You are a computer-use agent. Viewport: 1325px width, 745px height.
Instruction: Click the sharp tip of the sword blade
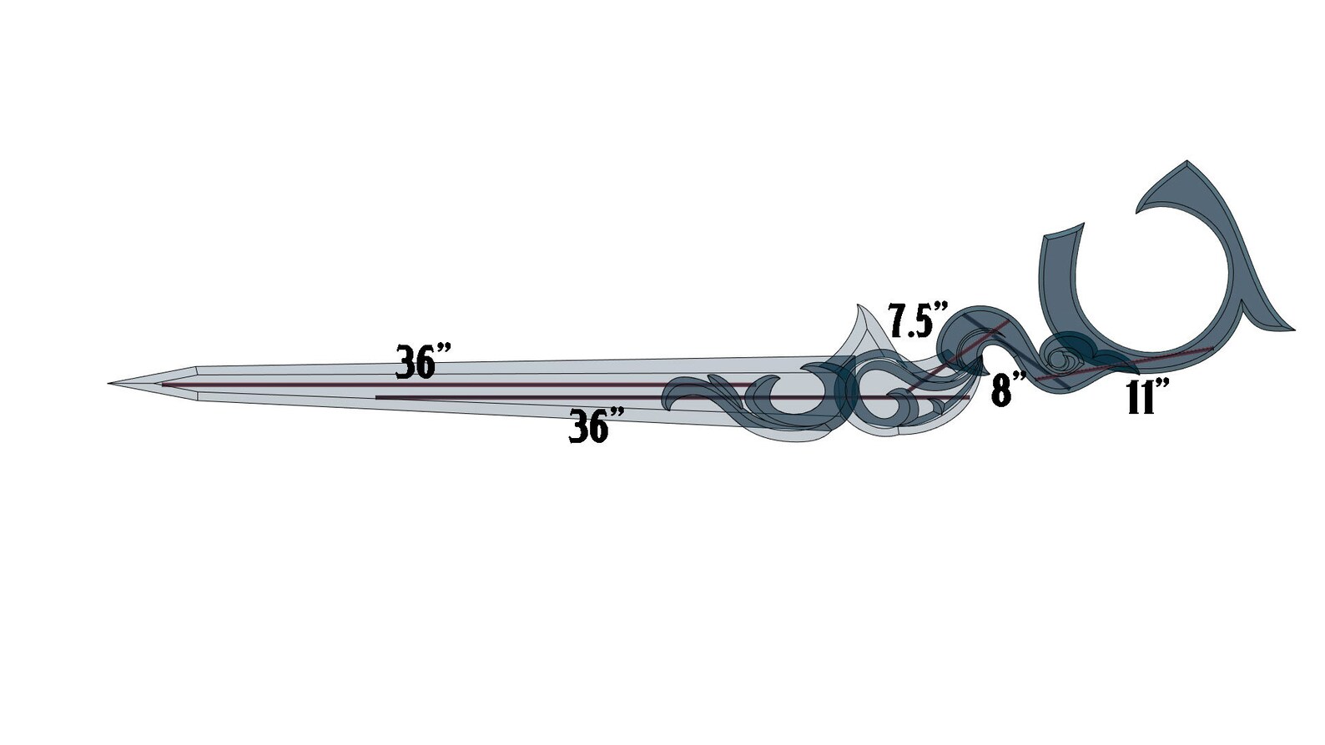click(109, 383)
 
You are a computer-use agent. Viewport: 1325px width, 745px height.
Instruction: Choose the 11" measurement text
click(1148, 396)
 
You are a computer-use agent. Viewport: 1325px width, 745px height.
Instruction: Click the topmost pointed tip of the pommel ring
click(1186, 161)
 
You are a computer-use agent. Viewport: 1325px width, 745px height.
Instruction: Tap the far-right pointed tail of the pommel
click(1293, 329)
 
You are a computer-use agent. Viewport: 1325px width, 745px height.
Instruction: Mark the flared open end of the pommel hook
click(1065, 234)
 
